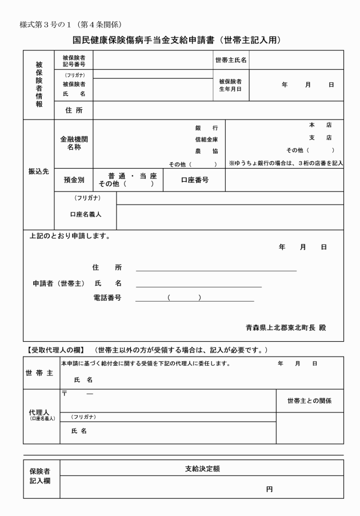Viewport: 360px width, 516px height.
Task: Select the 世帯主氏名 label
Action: pyautogui.click(x=231, y=60)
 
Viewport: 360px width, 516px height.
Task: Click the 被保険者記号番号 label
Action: pyautogui.click(x=74, y=60)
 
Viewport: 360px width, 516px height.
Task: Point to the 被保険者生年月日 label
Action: pyautogui.click(x=231, y=85)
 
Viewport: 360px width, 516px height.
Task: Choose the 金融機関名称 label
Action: pyautogui.click(x=74, y=143)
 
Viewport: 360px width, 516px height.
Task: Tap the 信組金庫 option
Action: pyautogui.click(x=206, y=139)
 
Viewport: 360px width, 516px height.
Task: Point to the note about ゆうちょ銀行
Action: pyautogui.click(x=285, y=163)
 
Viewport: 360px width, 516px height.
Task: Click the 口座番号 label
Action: pyautogui.click(x=194, y=179)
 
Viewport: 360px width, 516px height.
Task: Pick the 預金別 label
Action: pyautogui.click(x=74, y=180)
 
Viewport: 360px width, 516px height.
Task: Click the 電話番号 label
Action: pyautogui.click(x=107, y=298)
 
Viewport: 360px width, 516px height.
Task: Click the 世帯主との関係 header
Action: pyautogui.click(x=310, y=401)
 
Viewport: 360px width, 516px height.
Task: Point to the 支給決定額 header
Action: pyautogui.click(x=202, y=468)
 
